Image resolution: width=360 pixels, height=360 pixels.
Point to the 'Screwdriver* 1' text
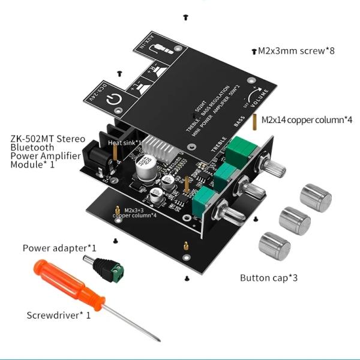coord(59,315)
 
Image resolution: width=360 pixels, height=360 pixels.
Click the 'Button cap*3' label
coord(268,278)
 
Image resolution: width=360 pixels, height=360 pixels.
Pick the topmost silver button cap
coord(315,198)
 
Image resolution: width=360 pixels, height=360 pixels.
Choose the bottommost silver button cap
coord(274,245)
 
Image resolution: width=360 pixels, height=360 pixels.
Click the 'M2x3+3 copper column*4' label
coord(135,212)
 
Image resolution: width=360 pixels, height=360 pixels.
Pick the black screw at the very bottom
coord(187,278)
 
